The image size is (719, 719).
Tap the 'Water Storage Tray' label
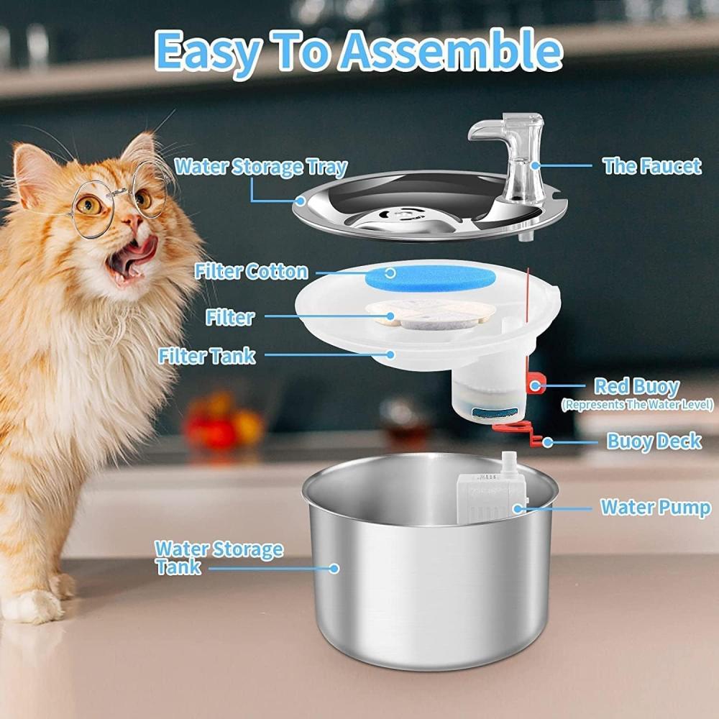(x=261, y=167)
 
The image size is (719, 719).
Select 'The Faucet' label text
(x=651, y=166)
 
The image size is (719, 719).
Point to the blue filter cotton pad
(x=430, y=278)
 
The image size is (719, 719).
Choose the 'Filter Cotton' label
(x=251, y=272)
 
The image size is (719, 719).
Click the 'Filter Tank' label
(x=206, y=356)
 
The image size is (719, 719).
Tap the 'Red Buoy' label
(x=636, y=387)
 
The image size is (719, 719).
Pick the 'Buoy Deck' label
(x=654, y=441)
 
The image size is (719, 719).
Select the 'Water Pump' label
(x=656, y=508)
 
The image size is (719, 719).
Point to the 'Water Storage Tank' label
(x=219, y=558)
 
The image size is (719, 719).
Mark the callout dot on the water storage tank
(x=334, y=569)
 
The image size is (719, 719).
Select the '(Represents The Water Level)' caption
(x=637, y=405)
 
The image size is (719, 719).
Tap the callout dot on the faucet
(x=535, y=165)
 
